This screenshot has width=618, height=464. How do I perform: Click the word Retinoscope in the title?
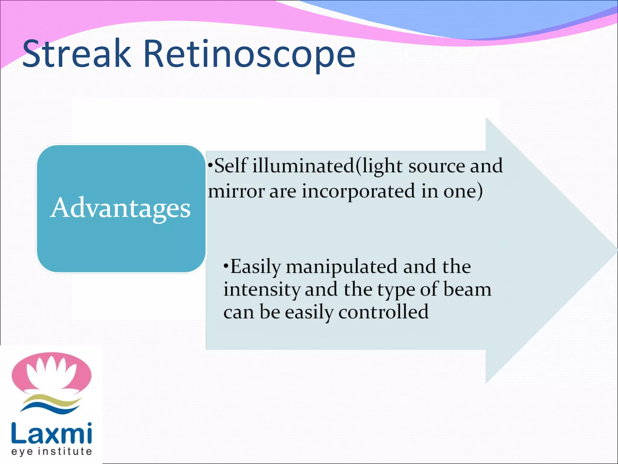coord(249,54)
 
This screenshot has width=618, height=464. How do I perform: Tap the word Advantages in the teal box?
coord(120,208)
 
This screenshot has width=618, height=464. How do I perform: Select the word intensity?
coord(262,290)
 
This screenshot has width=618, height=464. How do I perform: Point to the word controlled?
coord(383,312)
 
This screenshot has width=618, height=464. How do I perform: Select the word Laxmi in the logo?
coord(51,433)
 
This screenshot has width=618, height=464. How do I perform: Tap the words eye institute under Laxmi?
coord(51,451)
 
